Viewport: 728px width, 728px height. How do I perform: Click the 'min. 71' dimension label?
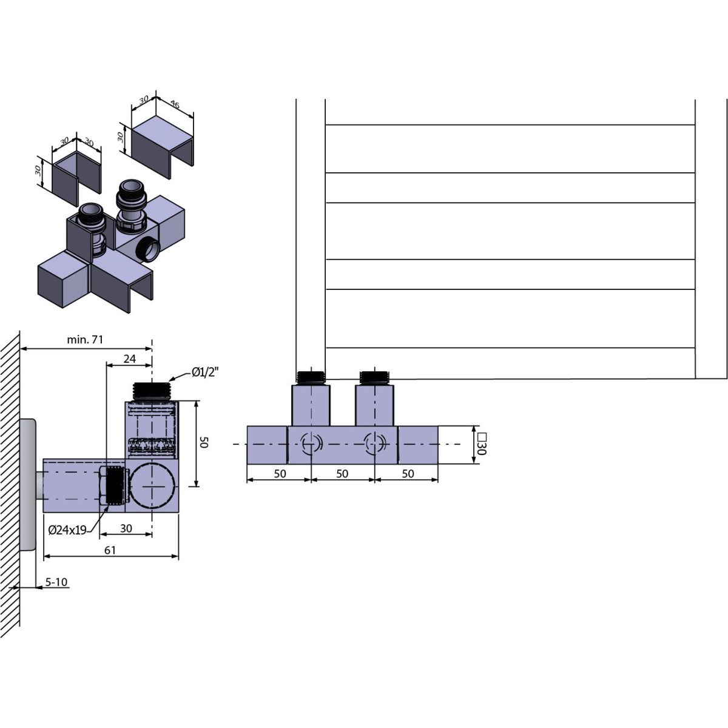85,340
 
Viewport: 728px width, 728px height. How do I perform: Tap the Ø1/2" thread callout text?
205,372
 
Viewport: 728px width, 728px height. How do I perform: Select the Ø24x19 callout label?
67,531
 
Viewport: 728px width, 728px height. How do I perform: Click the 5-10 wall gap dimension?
56,582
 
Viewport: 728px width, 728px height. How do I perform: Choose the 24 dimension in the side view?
130,359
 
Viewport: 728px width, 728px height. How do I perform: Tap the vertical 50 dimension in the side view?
204,442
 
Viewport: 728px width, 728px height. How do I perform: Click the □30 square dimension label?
481,444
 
